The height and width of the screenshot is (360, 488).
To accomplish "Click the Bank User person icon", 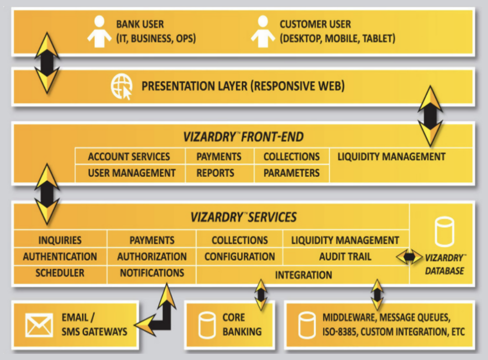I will point(99,31).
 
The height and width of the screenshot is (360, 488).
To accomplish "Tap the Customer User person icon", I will point(263,31).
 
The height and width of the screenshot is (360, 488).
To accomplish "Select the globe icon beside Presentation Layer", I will point(121,87).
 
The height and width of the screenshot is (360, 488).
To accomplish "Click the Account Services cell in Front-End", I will point(129,157).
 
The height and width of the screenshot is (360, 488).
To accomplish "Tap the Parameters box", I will point(291,173).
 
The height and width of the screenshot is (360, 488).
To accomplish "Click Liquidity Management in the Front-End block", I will point(391,157).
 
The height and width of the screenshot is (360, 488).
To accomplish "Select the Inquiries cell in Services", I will point(60,240).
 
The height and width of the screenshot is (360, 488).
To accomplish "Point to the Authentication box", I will point(60,257).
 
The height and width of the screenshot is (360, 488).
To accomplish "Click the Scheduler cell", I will point(60,273).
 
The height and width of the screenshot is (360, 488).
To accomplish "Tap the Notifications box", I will point(152,273).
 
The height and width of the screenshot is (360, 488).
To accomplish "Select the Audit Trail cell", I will point(345,257).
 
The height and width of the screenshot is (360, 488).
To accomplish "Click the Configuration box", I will point(240,257).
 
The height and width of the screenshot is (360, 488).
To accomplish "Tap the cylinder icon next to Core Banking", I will point(207,325).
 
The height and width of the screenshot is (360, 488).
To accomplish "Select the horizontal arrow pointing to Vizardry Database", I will point(409,257).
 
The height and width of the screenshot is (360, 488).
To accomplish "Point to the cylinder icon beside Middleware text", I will point(307,325).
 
